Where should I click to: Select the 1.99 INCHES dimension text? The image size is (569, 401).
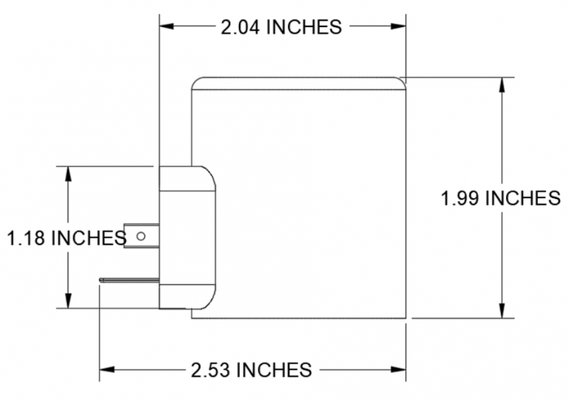tap(500, 198)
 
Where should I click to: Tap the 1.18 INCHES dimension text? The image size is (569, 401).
tap(66, 237)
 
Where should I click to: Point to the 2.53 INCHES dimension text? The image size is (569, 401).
tap(251, 370)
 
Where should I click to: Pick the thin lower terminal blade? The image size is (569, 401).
tap(129, 279)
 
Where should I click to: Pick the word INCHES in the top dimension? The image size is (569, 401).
tap(305, 27)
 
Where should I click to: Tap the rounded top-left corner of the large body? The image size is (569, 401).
tap(197, 82)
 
